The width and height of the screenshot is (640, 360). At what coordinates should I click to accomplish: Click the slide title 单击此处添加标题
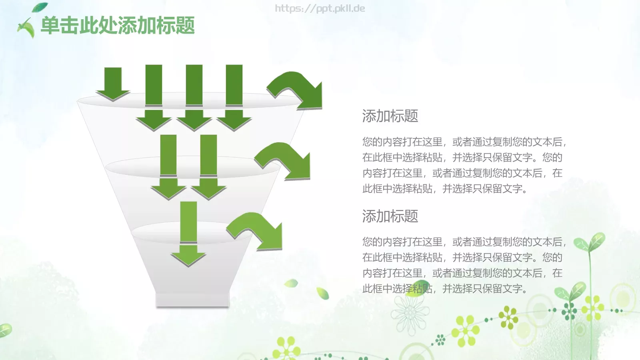118,26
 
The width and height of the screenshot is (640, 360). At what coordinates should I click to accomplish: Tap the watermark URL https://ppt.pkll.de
320,8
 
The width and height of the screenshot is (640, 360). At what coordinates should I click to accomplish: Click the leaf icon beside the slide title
26,28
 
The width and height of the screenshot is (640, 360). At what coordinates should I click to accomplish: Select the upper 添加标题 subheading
390,116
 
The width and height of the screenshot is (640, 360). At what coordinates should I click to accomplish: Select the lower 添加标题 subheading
390,216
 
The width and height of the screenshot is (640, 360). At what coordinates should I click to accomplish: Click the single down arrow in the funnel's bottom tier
188,236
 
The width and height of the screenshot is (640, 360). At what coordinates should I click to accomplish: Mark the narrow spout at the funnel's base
192,299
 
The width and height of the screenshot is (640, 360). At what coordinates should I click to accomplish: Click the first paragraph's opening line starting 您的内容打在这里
464,142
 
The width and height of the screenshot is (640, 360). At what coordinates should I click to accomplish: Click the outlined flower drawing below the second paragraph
410,314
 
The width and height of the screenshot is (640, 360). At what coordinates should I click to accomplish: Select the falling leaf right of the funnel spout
322,293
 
